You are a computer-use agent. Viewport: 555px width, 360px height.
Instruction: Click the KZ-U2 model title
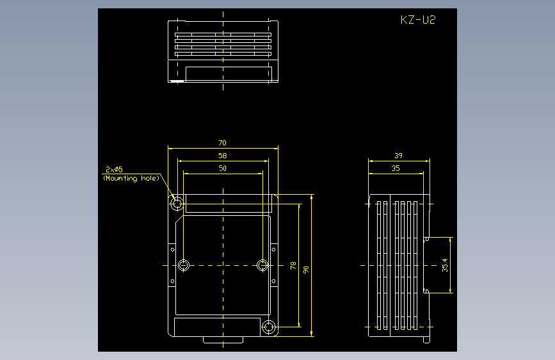coord(418,20)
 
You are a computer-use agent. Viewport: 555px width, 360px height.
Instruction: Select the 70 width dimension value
coord(222,143)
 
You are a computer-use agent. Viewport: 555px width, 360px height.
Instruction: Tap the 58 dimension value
coord(223,156)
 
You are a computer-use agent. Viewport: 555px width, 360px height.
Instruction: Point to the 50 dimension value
coord(223,168)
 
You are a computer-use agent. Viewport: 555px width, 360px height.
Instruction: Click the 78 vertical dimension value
coord(293,266)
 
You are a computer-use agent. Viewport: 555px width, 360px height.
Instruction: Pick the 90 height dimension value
coord(306,270)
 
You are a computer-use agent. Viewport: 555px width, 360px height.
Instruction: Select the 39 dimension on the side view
coord(399,156)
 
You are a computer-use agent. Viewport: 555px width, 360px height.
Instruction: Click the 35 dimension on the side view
coord(396,168)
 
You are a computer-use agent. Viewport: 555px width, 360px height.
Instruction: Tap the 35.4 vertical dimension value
coord(445,265)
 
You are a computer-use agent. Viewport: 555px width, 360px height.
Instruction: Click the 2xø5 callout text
coord(114,169)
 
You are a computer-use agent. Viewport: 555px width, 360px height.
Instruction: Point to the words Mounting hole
coord(131,178)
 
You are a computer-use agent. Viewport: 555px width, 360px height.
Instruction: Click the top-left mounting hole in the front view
coord(177,204)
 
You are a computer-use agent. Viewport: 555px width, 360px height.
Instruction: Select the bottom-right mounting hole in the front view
coord(269,327)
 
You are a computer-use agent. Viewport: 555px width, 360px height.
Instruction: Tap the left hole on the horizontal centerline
coord(183,265)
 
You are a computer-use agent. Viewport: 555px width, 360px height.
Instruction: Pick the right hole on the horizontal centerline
coord(262,265)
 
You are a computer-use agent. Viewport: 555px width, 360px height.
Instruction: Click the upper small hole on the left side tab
coord(172,249)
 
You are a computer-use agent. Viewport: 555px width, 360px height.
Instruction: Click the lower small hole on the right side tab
coord(273,281)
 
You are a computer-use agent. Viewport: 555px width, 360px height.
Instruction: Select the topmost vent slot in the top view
coord(223,35)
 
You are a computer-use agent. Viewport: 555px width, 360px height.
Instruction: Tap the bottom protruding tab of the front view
coord(223,340)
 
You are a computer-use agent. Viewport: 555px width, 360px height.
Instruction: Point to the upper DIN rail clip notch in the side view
coord(426,239)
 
